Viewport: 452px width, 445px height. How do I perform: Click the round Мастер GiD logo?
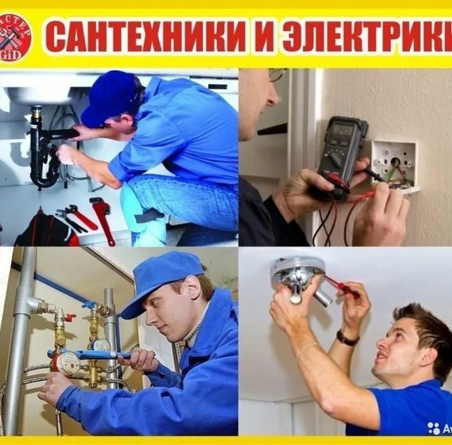pyautogui.click(x=15, y=37)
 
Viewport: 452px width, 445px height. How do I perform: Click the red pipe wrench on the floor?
pyautogui.click(x=102, y=220)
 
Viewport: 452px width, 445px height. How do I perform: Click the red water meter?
pyautogui.click(x=65, y=362)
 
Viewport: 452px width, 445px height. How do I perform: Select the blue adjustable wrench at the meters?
pyautogui.click(x=89, y=354)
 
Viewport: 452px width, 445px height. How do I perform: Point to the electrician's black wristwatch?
pyautogui.click(x=348, y=337)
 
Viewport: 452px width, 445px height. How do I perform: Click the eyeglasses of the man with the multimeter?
pyautogui.click(x=276, y=75)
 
